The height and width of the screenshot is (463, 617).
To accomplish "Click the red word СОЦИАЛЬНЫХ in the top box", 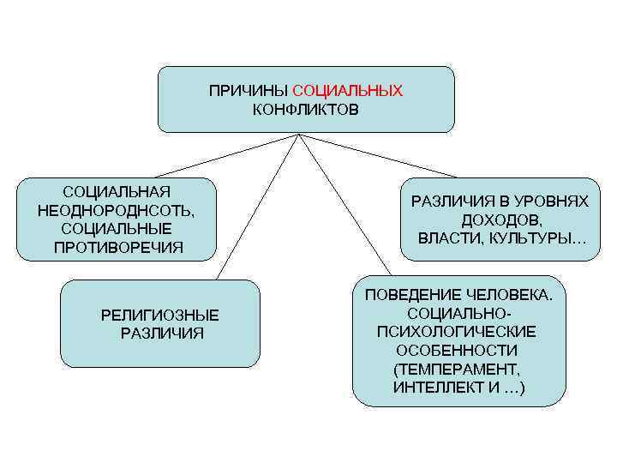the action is (347, 90).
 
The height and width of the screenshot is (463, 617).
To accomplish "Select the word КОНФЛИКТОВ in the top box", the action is (306, 110).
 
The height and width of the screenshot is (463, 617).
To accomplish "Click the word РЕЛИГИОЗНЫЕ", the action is (159, 315).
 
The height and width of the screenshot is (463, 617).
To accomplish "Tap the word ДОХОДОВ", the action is (500, 219).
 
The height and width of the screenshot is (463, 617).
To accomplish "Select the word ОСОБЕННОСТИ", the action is (457, 351).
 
